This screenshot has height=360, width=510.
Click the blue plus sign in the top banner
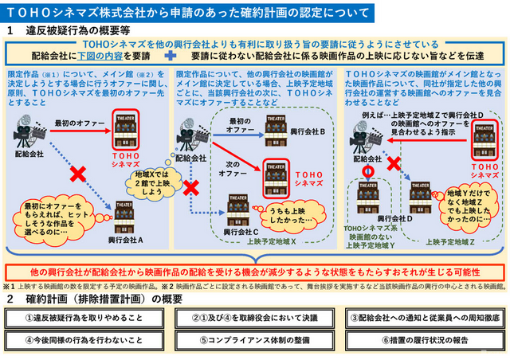point(170,57)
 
